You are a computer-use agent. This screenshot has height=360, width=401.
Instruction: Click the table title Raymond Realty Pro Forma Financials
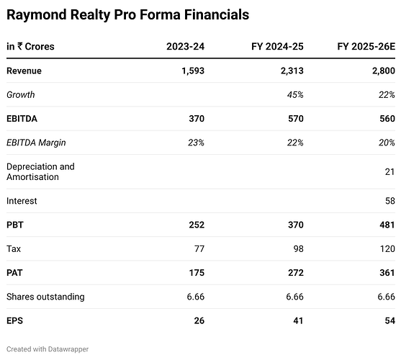click(128, 14)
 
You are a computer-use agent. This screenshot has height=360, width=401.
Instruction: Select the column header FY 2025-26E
click(366, 47)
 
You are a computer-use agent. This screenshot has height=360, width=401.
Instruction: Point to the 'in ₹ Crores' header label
click(30, 47)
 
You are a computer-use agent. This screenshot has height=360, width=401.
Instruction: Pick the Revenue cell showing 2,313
click(289, 71)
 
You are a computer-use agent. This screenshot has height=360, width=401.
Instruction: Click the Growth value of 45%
click(294, 94)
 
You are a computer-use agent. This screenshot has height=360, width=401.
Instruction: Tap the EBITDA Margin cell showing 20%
click(387, 142)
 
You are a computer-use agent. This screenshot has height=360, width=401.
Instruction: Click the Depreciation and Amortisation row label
click(40, 171)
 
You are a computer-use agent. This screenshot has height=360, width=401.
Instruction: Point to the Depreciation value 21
click(389, 171)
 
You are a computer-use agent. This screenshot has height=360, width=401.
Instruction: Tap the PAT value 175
click(196, 272)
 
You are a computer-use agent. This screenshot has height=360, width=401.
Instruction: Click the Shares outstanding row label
click(45, 296)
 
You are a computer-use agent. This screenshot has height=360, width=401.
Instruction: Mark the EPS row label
click(15, 320)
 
